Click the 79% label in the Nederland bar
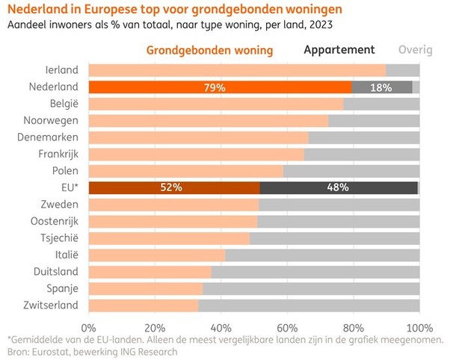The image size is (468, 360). coord(215,87)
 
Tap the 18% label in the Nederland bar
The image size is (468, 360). coord(382,87)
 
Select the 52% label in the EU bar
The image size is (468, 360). coord(171,187)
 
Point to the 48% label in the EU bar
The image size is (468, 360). coord(338,187)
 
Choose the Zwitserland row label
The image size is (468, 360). coord(50,305)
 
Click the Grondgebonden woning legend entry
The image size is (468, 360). coord(209,50)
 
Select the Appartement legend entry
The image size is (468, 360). coord(339,50)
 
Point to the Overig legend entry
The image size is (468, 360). coord(415,50)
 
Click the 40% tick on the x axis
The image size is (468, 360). coord(221,327)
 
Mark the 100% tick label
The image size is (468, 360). coord(419,327)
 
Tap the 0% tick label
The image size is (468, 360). coord(88,327)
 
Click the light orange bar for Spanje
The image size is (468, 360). coord(146,288)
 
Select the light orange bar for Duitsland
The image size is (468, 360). coord(150,271)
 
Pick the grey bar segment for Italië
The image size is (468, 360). coord(322,255)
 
